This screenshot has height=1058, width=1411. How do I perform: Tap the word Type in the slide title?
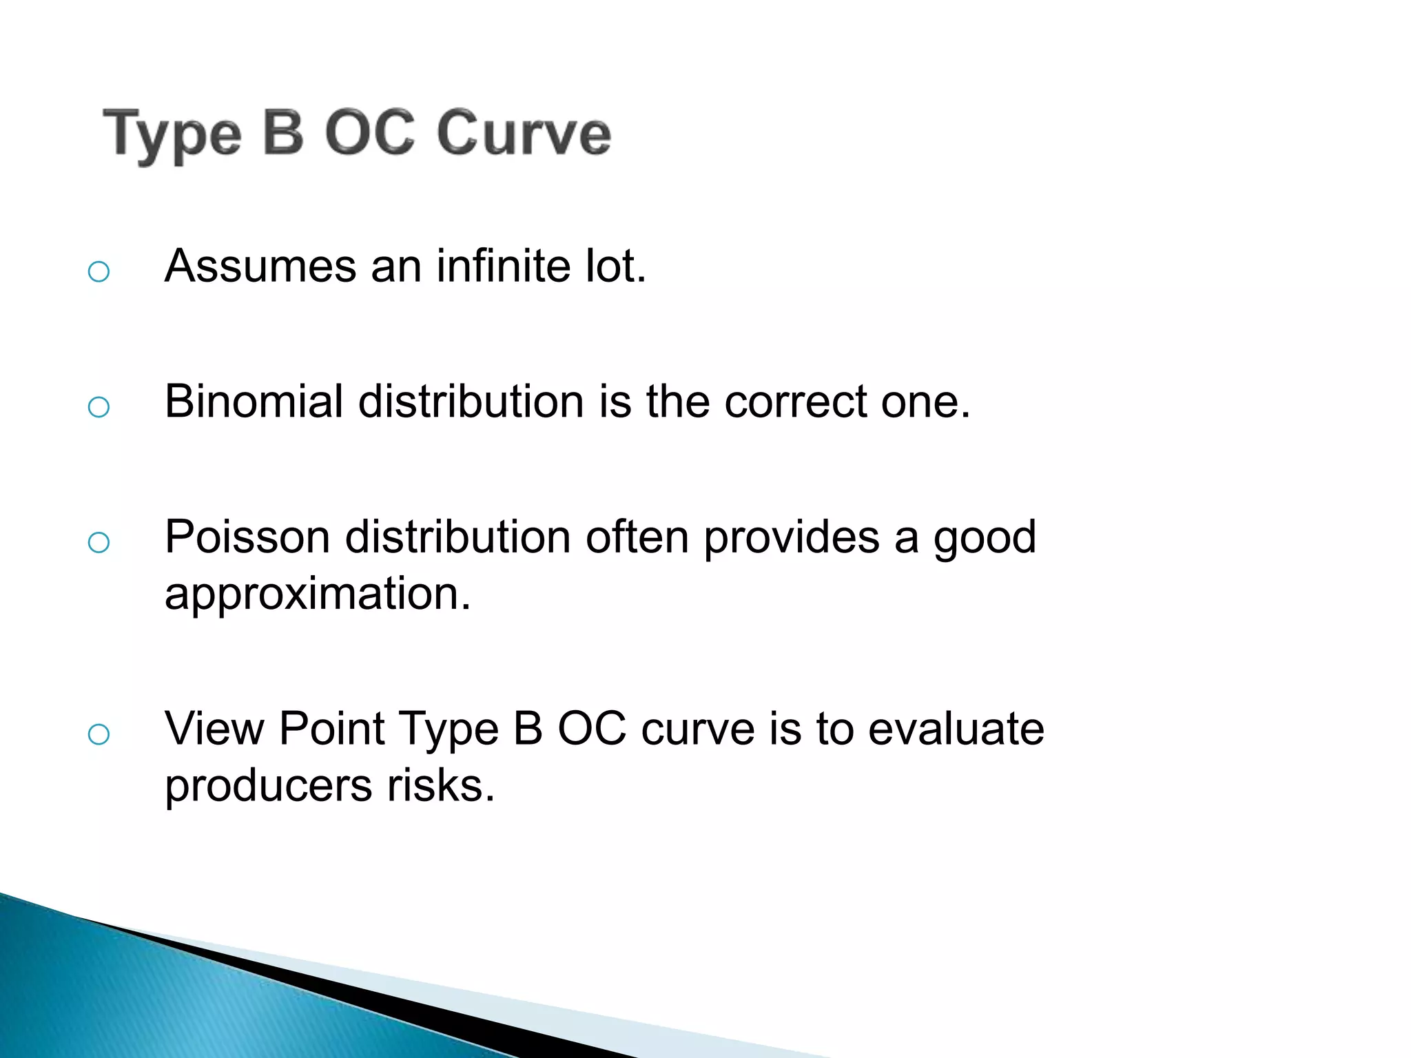tap(172, 135)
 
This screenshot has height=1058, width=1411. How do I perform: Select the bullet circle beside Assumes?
tap(99, 271)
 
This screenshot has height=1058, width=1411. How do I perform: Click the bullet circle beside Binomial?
tap(99, 407)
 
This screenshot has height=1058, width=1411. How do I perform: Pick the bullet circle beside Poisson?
tap(99, 543)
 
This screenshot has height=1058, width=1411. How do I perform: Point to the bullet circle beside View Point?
tap(99, 734)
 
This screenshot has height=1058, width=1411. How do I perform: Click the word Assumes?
tap(260, 266)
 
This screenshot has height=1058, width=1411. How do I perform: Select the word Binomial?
tap(254, 401)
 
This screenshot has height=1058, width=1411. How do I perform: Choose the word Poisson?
tap(247, 537)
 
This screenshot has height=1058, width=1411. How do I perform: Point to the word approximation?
tap(318, 594)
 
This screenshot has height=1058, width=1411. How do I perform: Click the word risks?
tap(440, 785)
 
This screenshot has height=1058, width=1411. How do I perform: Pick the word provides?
tap(791, 537)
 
